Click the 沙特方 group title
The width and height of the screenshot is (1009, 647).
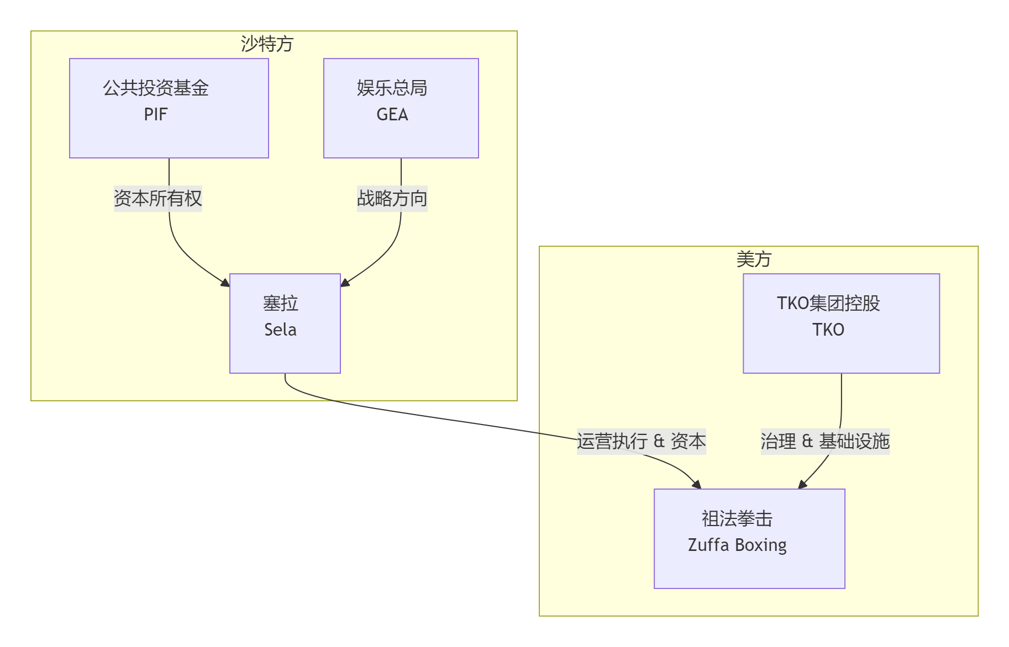point(267,44)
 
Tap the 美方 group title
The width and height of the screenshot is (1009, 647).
point(754,259)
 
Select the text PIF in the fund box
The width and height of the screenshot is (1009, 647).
point(155,114)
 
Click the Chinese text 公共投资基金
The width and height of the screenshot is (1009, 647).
point(155,88)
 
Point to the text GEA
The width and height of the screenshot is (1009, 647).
point(392,114)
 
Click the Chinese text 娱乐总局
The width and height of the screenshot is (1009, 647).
point(392,88)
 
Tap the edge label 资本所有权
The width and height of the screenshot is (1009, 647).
point(158,198)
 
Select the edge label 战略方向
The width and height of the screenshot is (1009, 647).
point(392,198)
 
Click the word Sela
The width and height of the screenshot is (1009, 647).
point(280,330)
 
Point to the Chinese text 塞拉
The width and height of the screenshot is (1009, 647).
point(280,303)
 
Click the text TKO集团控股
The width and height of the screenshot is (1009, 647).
point(828,303)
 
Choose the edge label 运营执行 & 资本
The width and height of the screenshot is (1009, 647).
point(641,441)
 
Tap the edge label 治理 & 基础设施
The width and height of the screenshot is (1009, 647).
point(825,441)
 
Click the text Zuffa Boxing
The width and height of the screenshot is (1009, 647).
point(737,545)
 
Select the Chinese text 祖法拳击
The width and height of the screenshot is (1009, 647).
point(737,518)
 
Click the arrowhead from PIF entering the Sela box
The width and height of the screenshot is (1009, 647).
point(225,283)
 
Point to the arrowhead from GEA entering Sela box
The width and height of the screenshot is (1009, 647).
point(345,283)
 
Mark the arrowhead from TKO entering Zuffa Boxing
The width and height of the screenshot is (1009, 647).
point(802,485)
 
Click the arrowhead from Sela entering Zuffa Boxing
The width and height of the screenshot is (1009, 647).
point(697,485)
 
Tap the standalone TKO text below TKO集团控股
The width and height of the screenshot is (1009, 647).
point(828,330)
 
